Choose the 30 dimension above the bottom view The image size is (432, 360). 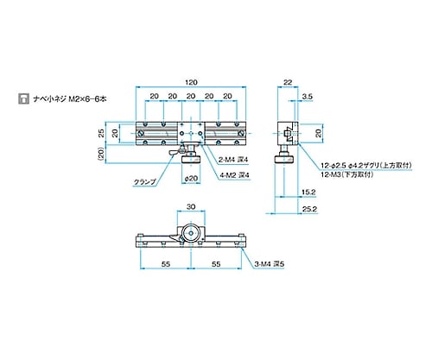[191, 208]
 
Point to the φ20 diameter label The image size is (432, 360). [192, 179]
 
